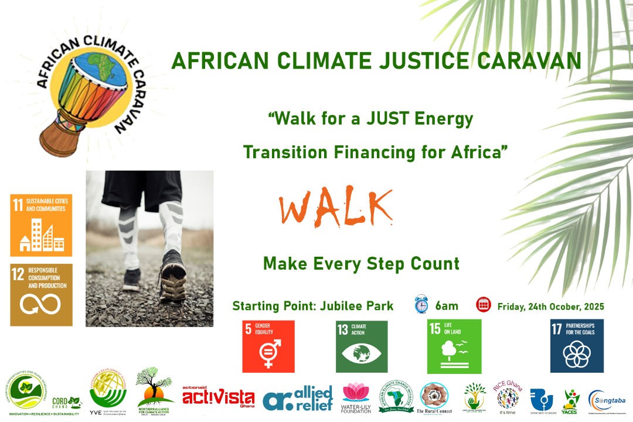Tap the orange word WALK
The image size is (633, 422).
pos(335,209)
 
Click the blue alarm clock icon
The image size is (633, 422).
pos(421,304)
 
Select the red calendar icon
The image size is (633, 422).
pos(484,304)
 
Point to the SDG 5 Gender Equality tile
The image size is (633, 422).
pos(268,346)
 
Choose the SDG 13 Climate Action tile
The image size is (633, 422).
pos(362,346)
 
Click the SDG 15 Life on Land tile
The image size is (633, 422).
pos(454,346)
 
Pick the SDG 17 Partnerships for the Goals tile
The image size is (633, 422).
pos(577,346)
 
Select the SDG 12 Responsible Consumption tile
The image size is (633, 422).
pos(41,295)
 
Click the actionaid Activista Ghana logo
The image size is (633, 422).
pos(218,397)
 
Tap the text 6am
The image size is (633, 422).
pos(446,305)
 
